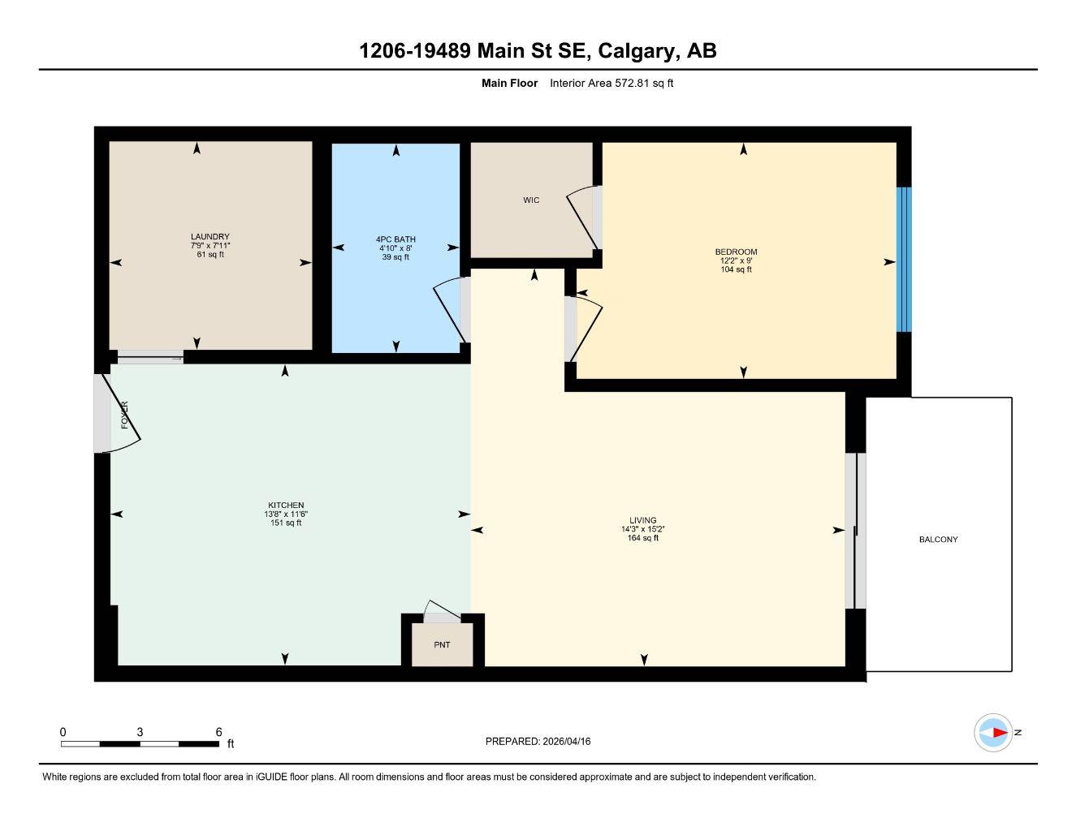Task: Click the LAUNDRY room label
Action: [210, 237]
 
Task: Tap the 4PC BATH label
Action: [395, 239]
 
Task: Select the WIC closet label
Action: [531, 200]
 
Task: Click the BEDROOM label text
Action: [736, 252]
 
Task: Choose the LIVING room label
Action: [642, 520]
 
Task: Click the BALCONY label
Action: [938, 540]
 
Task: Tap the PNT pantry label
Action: [442, 645]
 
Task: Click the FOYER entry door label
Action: [124, 415]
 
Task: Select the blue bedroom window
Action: [904, 260]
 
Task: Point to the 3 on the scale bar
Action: [140, 732]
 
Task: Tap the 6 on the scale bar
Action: [218, 732]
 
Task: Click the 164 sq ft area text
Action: [642, 538]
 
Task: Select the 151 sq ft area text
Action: [286, 523]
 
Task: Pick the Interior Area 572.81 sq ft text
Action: [611, 83]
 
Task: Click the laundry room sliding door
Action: [151, 357]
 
